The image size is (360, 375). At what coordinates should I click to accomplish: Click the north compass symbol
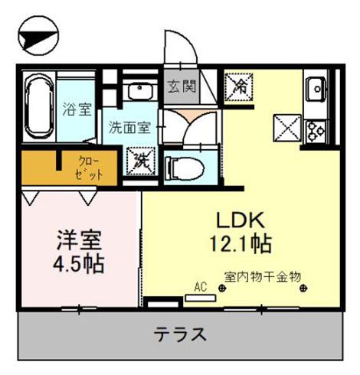pyautogui.click(x=38, y=35)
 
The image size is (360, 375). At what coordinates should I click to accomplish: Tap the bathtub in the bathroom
pyautogui.click(x=39, y=106)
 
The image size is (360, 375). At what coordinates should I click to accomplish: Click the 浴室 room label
pyautogui.click(x=77, y=109)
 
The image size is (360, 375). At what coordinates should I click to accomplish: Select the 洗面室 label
pyautogui.click(x=129, y=127)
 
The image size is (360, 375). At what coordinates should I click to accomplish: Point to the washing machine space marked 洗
pyautogui.click(x=141, y=161)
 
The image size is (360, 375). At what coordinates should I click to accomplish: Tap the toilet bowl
pyautogui.click(x=185, y=168)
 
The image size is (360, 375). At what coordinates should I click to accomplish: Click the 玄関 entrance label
pyautogui.click(x=182, y=86)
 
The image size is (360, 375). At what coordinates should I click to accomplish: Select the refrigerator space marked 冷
pyautogui.click(x=239, y=87)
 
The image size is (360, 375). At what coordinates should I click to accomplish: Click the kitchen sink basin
pyautogui.click(x=316, y=89)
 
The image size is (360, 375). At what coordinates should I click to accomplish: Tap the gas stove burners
pyautogui.click(x=316, y=132)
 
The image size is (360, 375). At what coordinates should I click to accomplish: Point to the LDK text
pyautogui.click(x=241, y=220)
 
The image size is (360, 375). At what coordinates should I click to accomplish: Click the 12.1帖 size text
pyautogui.click(x=241, y=244)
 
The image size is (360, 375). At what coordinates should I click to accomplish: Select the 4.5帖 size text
pyautogui.click(x=79, y=264)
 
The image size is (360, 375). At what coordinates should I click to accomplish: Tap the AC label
pyautogui.click(x=201, y=287)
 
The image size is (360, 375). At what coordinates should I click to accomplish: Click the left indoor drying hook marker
pyautogui.click(x=222, y=289)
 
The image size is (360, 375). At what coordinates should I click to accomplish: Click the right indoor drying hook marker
pyautogui.click(x=303, y=289)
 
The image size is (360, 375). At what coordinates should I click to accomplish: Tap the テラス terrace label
pyautogui.click(x=180, y=334)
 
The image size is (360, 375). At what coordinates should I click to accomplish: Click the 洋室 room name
pyautogui.click(x=79, y=240)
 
